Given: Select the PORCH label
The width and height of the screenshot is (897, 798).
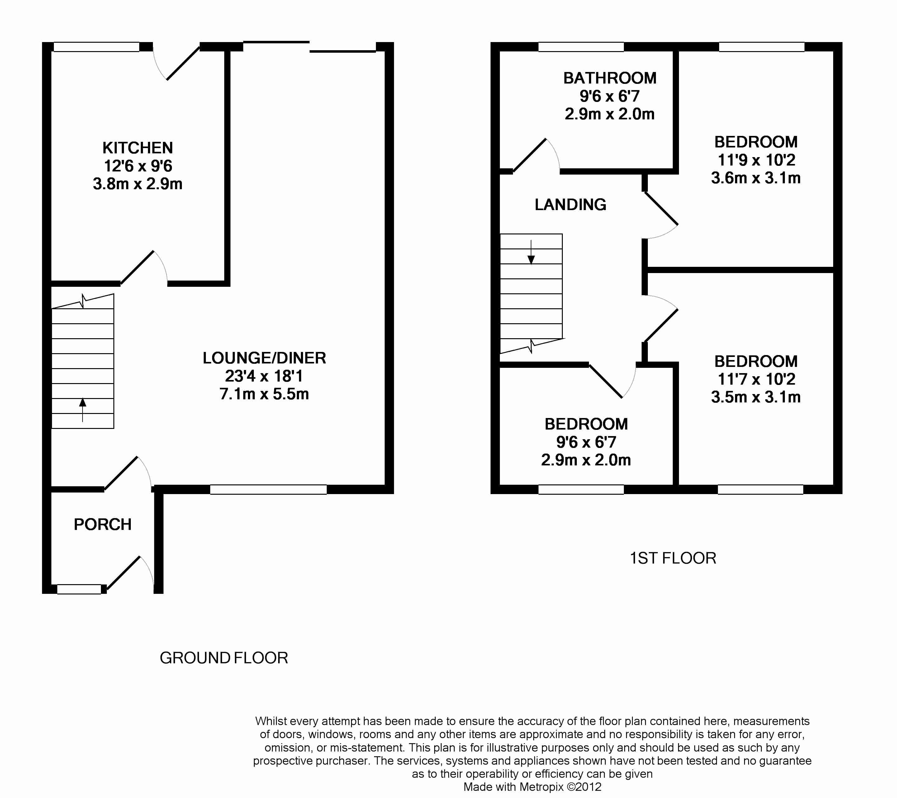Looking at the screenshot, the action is click(103, 524).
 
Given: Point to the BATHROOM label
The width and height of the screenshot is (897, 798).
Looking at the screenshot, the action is click(610, 78).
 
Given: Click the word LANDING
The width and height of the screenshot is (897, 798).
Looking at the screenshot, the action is click(571, 205).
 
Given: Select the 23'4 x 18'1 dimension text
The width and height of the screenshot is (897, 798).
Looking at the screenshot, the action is click(264, 376).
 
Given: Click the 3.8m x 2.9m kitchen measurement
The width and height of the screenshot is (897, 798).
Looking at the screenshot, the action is click(137, 184).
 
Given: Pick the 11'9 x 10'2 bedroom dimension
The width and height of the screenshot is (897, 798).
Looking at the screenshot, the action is click(756, 160).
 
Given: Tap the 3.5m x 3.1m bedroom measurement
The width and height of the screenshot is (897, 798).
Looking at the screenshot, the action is click(756, 397).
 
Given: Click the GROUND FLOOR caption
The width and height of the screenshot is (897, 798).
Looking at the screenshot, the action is click(224, 658).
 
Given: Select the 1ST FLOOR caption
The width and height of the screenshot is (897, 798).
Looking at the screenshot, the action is click(673, 558).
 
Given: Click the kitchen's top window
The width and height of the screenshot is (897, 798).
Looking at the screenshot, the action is click(97, 47).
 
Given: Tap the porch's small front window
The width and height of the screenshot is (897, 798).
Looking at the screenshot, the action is click(79, 589).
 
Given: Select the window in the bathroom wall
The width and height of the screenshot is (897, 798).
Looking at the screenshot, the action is click(581, 47).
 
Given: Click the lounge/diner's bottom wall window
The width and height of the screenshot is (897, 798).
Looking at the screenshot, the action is click(268, 490).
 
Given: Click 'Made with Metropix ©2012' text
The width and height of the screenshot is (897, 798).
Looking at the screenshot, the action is click(532, 787).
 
